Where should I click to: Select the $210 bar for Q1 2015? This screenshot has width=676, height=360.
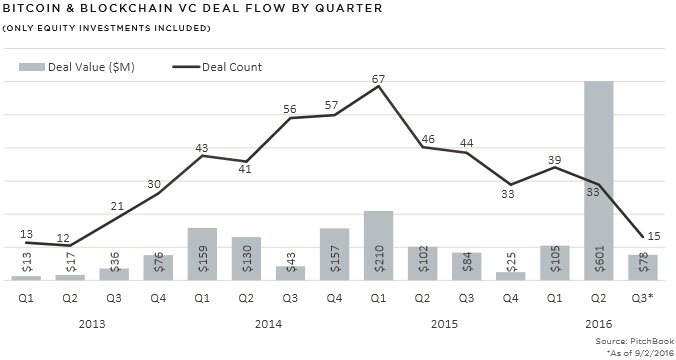coord(378,245)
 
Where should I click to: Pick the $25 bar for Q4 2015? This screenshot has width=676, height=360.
coord(510,275)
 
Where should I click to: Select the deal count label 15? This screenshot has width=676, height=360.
coord(652,236)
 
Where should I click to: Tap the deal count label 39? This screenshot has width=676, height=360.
coord(556,159)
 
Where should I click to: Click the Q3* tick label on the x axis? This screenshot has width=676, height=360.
coord(643,296)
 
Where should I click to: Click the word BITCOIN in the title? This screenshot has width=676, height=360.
coord(36,9)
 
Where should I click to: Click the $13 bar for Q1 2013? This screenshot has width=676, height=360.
coord(26,276)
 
